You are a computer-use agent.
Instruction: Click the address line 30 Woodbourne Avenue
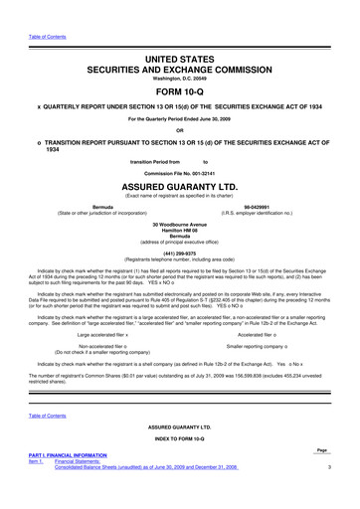point(179,225)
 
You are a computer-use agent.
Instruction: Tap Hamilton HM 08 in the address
point(179,232)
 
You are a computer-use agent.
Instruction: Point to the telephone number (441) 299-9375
point(179,253)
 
